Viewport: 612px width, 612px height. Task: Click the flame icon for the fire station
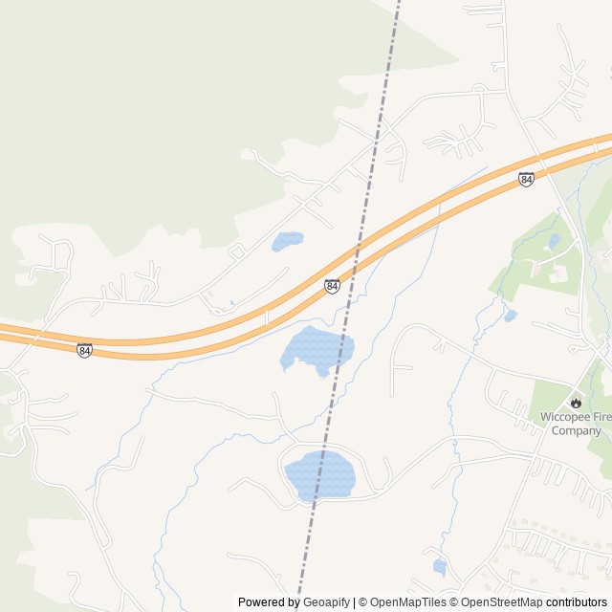[576, 402]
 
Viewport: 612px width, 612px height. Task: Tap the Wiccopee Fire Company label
[576, 424]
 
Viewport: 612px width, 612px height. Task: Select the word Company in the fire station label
[576, 430]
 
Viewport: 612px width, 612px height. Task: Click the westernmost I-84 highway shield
[85, 351]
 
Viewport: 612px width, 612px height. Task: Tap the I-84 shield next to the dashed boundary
[332, 286]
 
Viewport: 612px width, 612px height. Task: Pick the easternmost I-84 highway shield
[526, 179]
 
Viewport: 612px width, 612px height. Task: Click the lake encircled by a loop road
[320, 475]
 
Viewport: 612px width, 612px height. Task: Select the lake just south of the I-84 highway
[317, 350]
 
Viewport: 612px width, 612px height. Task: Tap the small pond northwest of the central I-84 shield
[287, 241]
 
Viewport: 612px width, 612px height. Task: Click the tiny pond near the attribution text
[439, 566]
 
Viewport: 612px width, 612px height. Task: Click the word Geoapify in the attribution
[326, 602]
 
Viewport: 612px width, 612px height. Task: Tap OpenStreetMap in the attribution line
[497, 602]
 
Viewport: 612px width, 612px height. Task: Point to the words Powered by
[269, 602]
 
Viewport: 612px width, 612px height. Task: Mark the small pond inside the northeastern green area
[555, 241]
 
